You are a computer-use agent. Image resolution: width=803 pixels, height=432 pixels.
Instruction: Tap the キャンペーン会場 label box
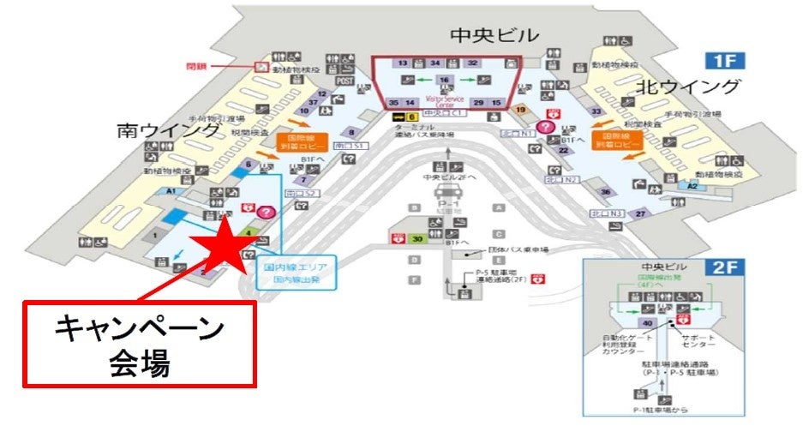(139, 343)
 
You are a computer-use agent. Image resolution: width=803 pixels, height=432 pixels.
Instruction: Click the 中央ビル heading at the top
(495, 35)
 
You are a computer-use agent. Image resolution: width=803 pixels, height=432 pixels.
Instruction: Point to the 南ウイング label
(169, 129)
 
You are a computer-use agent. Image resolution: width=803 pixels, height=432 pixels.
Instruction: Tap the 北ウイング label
(688, 87)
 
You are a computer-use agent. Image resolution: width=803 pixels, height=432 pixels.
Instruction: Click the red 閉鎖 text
(198, 65)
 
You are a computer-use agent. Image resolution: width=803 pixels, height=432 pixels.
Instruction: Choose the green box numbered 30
(419, 239)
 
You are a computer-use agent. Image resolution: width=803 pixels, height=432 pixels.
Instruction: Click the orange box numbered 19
(519, 109)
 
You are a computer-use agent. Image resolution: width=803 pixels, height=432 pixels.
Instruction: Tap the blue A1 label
(171, 191)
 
